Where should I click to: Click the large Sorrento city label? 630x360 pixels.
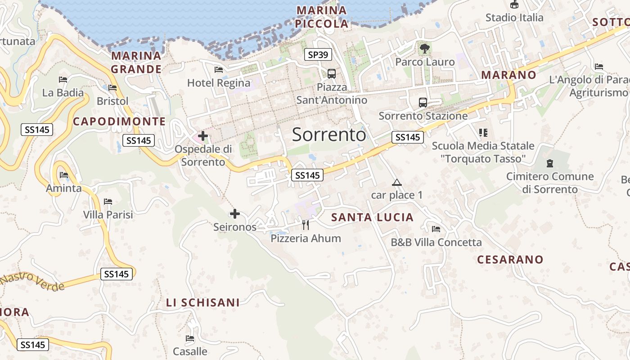coord(329,135)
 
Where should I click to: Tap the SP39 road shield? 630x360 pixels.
coord(318,55)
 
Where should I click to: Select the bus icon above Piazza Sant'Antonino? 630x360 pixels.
coord(332,73)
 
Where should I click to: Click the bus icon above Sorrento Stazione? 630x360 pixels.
coord(423,102)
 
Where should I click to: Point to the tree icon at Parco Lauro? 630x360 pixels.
coord(424,48)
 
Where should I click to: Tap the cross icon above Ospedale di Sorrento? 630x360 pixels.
coord(203,135)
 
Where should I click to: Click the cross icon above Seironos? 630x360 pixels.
coord(235,214)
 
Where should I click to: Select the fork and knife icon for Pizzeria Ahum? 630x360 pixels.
coord(306,225)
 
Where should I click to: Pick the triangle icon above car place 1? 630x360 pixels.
coord(396,182)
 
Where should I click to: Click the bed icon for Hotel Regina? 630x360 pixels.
coord(219,70)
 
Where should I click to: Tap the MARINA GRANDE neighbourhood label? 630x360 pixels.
coord(136,63)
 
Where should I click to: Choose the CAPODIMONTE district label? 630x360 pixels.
coord(119,121)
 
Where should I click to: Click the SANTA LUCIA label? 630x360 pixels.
coord(372,217)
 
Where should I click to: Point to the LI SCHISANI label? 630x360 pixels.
coord(203,303)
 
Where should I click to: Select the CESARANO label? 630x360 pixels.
coord(510,260)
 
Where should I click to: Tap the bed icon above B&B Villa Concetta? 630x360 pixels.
coord(436,229)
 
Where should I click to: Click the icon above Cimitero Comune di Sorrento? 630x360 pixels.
coord(549,163)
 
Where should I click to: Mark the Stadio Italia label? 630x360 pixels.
coord(514,18)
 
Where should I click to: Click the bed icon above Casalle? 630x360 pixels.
coord(190,338)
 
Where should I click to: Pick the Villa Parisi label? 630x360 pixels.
coord(108,215)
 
